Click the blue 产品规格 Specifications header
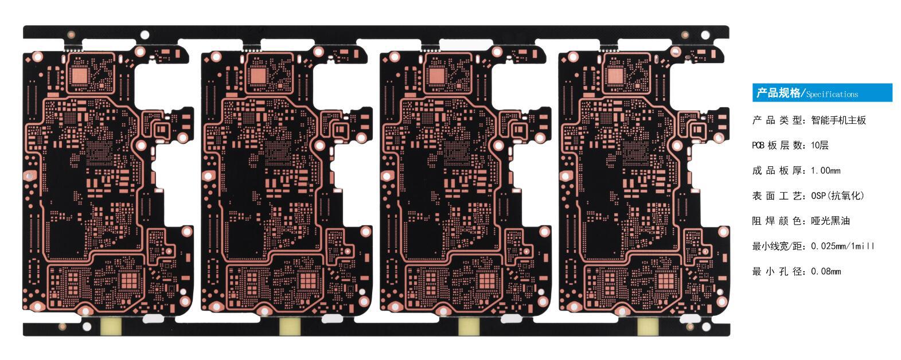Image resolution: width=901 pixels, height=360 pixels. [821, 93]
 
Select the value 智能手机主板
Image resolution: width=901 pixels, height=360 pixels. [838, 120]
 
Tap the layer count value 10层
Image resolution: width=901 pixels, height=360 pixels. [820, 146]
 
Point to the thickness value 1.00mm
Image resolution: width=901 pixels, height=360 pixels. [825, 171]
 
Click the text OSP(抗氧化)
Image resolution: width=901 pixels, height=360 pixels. [837, 196]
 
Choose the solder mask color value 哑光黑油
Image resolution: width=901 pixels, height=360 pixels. [830, 221]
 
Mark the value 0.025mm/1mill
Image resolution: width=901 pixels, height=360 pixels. [842, 246]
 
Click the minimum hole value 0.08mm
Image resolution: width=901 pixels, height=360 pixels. [825, 272]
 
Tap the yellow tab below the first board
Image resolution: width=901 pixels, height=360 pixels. [111, 326]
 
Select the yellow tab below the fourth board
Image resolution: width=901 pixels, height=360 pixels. [648, 326]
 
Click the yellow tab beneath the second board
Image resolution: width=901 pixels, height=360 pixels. [290, 326]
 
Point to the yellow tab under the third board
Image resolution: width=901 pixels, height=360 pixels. [469, 326]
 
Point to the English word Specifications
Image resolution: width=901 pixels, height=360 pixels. [832, 95]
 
